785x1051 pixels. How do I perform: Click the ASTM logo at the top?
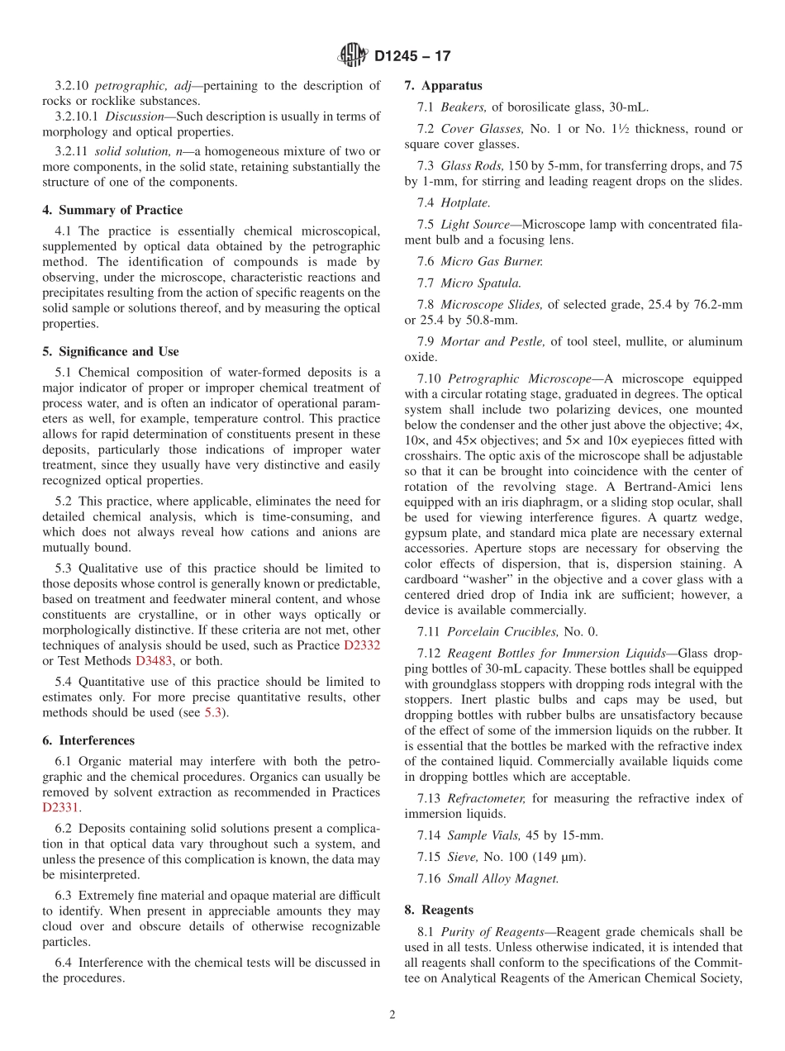[x=353, y=56]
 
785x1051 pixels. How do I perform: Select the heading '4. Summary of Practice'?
[x=112, y=210]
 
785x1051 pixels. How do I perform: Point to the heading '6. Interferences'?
[x=88, y=740]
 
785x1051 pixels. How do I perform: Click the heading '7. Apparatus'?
[x=443, y=85]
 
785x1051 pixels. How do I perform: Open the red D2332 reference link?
[x=362, y=645]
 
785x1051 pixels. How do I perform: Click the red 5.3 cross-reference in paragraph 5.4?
[x=212, y=713]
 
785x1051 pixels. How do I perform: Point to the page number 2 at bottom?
[x=392, y=1015]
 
